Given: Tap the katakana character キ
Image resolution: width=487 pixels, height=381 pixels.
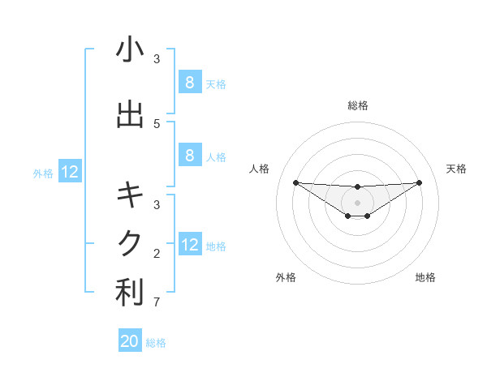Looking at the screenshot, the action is pyautogui.click(x=130, y=195).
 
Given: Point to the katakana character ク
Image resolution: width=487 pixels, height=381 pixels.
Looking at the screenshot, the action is pyautogui.click(x=130, y=242).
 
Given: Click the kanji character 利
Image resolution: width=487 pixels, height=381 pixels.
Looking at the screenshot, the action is pyautogui.click(x=130, y=293).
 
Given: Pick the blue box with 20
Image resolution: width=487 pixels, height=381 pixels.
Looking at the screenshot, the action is pyautogui.click(x=130, y=341).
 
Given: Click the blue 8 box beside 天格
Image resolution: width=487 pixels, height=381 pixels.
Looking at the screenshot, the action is pyautogui.click(x=189, y=82).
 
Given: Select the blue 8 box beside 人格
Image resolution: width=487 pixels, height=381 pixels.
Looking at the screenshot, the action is pyautogui.click(x=189, y=156).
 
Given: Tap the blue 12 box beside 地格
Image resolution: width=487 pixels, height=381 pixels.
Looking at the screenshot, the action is pyautogui.click(x=189, y=245).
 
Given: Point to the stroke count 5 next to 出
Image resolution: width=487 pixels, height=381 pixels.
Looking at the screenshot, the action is pyautogui.click(x=157, y=123).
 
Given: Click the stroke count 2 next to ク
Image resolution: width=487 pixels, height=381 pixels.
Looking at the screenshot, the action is pyautogui.click(x=157, y=254).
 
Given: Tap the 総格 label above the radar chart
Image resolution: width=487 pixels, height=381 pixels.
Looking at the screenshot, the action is pyautogui.click(x=358, y=105).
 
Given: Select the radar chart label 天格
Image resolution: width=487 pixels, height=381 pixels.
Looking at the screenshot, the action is pyautogui.click(x=456, y=169).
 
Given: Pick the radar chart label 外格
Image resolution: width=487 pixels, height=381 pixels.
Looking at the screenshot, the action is pyautogui.click(x=286, y=277).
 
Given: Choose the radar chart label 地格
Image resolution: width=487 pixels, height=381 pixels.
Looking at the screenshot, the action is pyautogui.click(x=425, y=277).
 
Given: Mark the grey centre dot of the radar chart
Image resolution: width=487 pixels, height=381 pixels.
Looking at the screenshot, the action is pyautogui.click(x=358, y=202).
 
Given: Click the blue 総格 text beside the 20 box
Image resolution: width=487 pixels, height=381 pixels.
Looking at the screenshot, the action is pyautogui.click(x=156, y=342).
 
